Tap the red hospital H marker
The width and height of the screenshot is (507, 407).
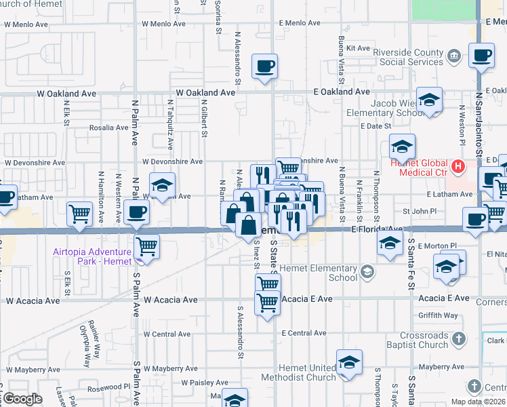tap(458, 165)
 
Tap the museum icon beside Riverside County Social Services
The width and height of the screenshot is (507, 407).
tap(455, 54)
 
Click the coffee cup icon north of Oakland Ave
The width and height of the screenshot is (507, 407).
tap(264, 66)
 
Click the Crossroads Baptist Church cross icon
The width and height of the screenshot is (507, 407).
tap(459, 338)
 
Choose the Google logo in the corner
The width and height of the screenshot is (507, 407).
tap(22, 399)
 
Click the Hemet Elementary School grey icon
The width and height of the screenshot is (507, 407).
tap(367, 272)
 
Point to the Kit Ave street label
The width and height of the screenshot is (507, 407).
tap(358, 48)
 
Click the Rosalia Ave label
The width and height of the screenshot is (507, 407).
tap(108, 128)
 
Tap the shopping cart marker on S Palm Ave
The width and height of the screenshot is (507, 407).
tap(147, 246)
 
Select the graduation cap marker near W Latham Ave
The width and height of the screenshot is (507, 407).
tap(162, 185)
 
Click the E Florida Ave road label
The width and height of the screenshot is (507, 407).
tap(377, 229)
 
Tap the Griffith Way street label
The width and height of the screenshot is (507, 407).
tap(438, 315)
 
